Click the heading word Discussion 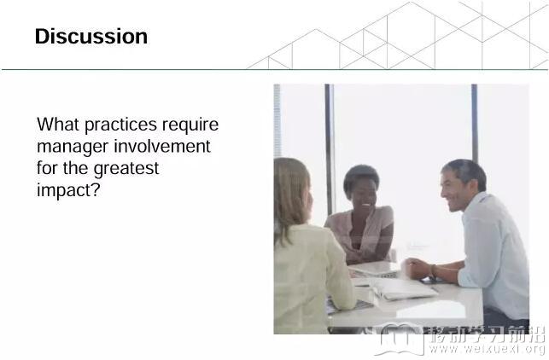coord(91,37)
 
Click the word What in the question coord(57,125)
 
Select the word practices coord(120,125)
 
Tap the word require coord(190,125)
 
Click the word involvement coord(162,146)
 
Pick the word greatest coord(126,169)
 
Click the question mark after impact coord(96,189)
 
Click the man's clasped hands coord(419,269)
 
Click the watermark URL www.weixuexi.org coord(487,348)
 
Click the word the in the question coord(76,168)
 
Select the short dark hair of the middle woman coord(360,177)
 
